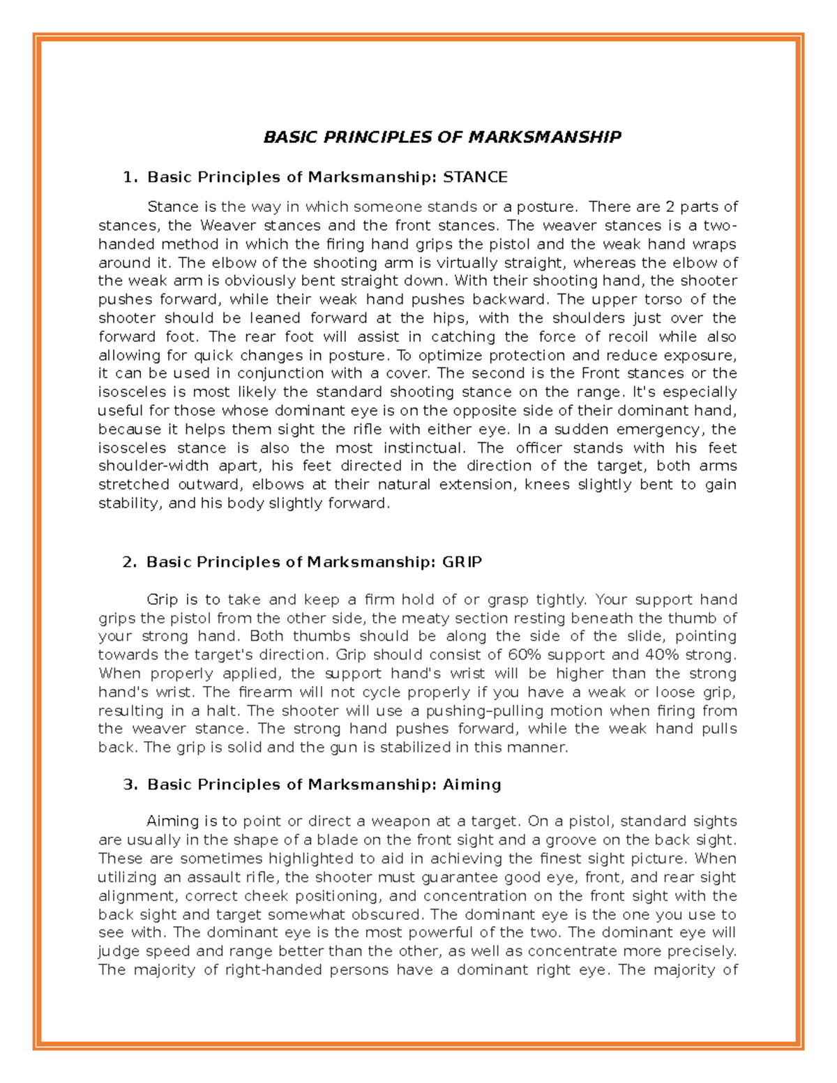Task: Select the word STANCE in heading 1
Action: [475, 177]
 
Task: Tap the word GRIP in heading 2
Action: [462, 562]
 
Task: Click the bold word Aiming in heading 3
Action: [472, 785]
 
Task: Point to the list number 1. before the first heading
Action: [130, 177]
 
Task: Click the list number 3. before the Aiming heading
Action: [130, 785]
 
